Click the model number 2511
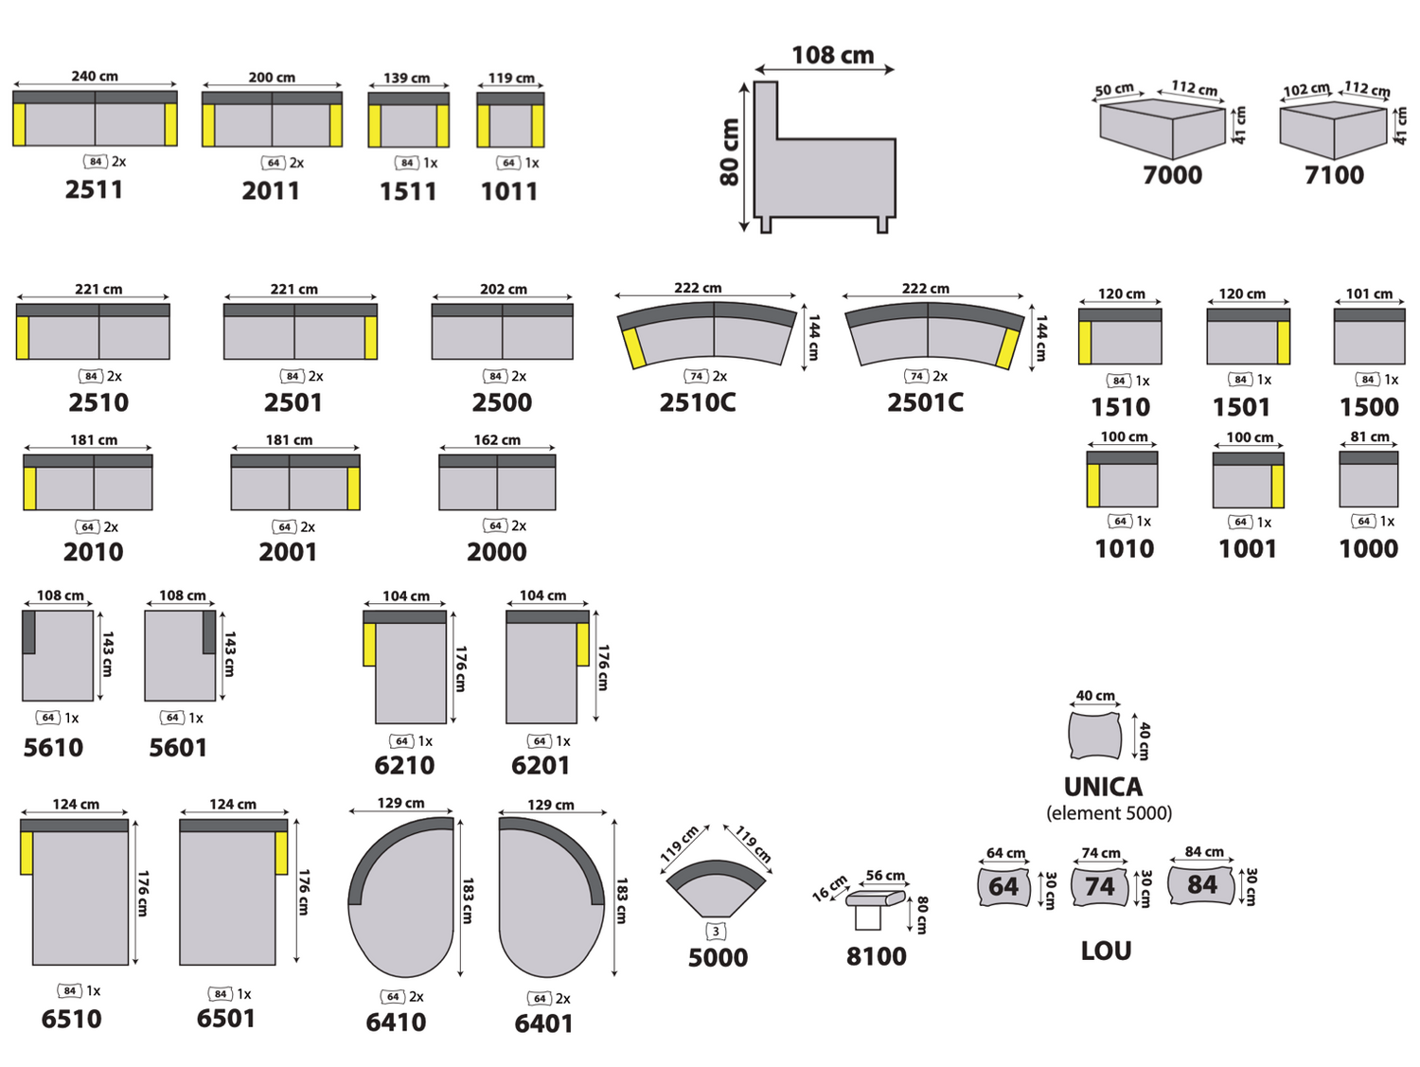point(94,189)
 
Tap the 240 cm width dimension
point(95,77)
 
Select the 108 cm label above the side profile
point(832,55)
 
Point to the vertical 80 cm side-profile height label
point(729,152)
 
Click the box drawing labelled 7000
point(1163,128)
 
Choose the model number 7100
point(1334,175)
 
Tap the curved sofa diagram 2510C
point(706,334)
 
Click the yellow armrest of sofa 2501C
point(1008,348)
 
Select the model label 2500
point(502,402)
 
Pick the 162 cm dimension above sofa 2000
point(497,440)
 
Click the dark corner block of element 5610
point(28,631)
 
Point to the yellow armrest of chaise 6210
point(369,644)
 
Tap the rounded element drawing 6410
point(401,897)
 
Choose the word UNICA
point(1103,787)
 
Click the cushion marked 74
point(1099,886)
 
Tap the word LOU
point(1107,951)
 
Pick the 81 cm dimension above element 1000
point(1370,436)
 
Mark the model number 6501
point(225,1019)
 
